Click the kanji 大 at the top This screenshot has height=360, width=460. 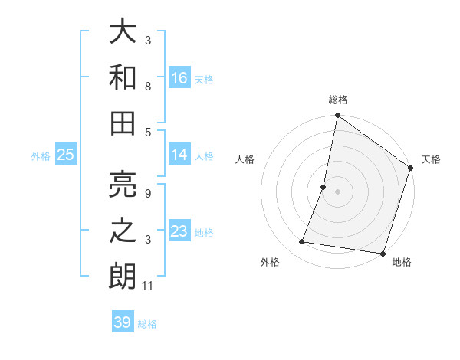(123, 32)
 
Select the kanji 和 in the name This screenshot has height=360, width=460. (123, 77)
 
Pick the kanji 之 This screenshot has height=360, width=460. (123, 231)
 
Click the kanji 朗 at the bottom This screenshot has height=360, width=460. (123, 276)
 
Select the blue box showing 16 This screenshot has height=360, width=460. (179, 77)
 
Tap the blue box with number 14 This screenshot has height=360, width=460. (179, 155)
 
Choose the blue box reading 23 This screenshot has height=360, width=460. (179, 231)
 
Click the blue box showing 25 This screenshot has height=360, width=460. (66, 155)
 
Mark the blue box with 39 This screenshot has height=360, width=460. (122, 322)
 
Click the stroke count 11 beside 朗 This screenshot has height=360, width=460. (148, 286)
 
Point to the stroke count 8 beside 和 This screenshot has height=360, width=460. (148, 87)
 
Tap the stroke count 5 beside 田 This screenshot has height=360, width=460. (148, 132)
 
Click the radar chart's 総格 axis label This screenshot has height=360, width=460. (337, 100)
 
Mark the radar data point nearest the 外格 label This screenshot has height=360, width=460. (302, 242)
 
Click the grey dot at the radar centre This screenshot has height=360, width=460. (337, 191)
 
